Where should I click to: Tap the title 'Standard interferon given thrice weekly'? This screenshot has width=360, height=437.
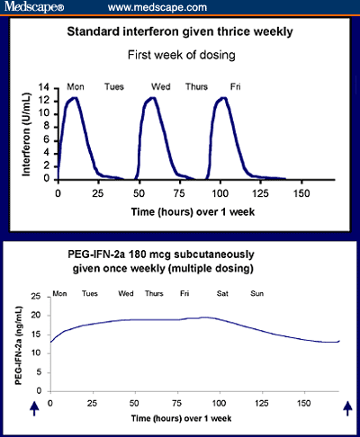(180, 33)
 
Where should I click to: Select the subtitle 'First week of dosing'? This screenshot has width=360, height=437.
(180, 54)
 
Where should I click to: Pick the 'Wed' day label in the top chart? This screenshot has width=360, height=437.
(162, 86)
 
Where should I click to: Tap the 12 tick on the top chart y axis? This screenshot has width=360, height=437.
(47, 98)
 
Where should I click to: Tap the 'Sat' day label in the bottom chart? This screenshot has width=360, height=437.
(222, 294)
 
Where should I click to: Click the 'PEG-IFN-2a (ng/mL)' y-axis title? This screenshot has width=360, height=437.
(17, 343)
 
